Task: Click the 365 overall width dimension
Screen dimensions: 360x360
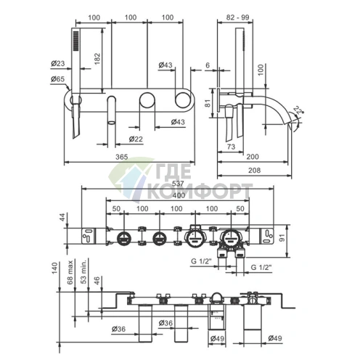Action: [x=121, y=157]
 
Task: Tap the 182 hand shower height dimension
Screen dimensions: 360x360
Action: [x=97, y=58]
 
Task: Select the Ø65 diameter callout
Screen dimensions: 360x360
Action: [x=58, y=79]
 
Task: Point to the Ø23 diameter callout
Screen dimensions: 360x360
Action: [x=58, y=63]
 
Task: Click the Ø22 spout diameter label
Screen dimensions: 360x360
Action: [x=136, y=139]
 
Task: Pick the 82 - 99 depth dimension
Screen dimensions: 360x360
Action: [x=237, y=17]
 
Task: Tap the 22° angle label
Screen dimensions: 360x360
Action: [x=299, y=110]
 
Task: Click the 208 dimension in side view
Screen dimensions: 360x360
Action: [x=255, y=171]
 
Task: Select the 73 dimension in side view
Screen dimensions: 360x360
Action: [x=232, y=147]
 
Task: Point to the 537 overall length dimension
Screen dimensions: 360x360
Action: [x=178, y=183]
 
